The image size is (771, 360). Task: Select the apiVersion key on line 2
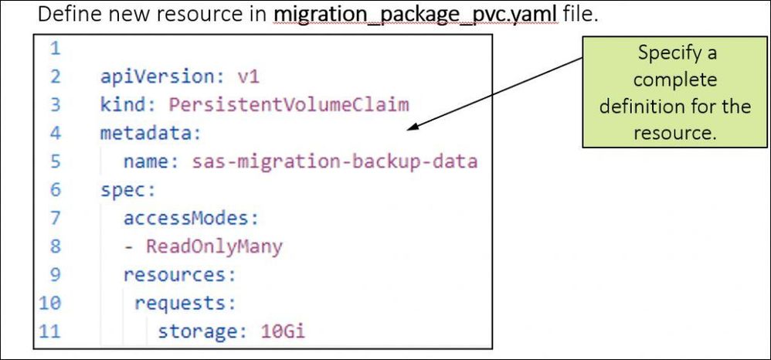click(147, 76)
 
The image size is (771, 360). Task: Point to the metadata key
click(150, 133)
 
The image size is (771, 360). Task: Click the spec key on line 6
click(117, 190)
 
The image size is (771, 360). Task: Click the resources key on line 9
click(178, 275)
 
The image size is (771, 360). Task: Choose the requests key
click(184, 304)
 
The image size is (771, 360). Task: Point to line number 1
click(54, 49)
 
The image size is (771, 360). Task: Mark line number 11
click(50, 332)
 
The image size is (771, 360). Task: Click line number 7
click(54, 219)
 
